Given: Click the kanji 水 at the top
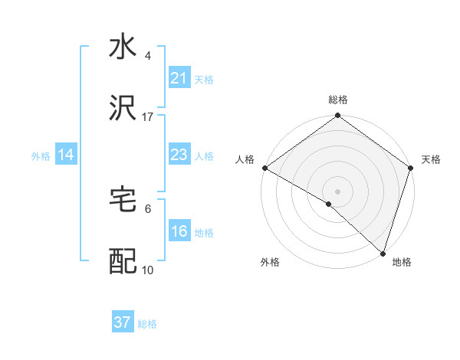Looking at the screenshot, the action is tap(123, 47).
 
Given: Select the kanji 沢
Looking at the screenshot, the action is tap(123, 109).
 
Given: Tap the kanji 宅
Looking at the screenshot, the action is tap(123, 200).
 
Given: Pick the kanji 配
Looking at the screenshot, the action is tap(123, 262).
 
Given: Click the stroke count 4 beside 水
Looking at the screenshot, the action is tap(148, 56).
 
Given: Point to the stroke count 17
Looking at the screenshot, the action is tap(148, 117).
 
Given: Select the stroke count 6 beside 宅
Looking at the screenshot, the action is tap(148, 208).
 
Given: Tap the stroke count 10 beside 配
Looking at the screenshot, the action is tap(148, 270).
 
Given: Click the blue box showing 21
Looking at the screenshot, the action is tap(179, 78).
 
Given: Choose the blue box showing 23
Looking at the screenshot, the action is tap(179, 155).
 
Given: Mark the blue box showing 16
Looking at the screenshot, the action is tap(179, 232).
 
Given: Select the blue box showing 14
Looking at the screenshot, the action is tap(66, 155).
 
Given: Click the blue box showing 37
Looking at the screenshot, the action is tap(123, 322).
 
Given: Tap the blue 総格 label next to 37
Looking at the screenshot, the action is tap(147, 324).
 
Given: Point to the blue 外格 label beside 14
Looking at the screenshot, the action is tap(41, 156).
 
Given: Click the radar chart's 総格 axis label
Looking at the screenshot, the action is tap(337, 100).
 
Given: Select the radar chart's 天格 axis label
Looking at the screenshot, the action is tap(431, 159).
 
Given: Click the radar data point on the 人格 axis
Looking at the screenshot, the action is tap(264, 167).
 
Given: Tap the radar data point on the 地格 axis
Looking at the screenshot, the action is tap(383, 253).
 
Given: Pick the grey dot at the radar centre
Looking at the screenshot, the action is tap(337, 191).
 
